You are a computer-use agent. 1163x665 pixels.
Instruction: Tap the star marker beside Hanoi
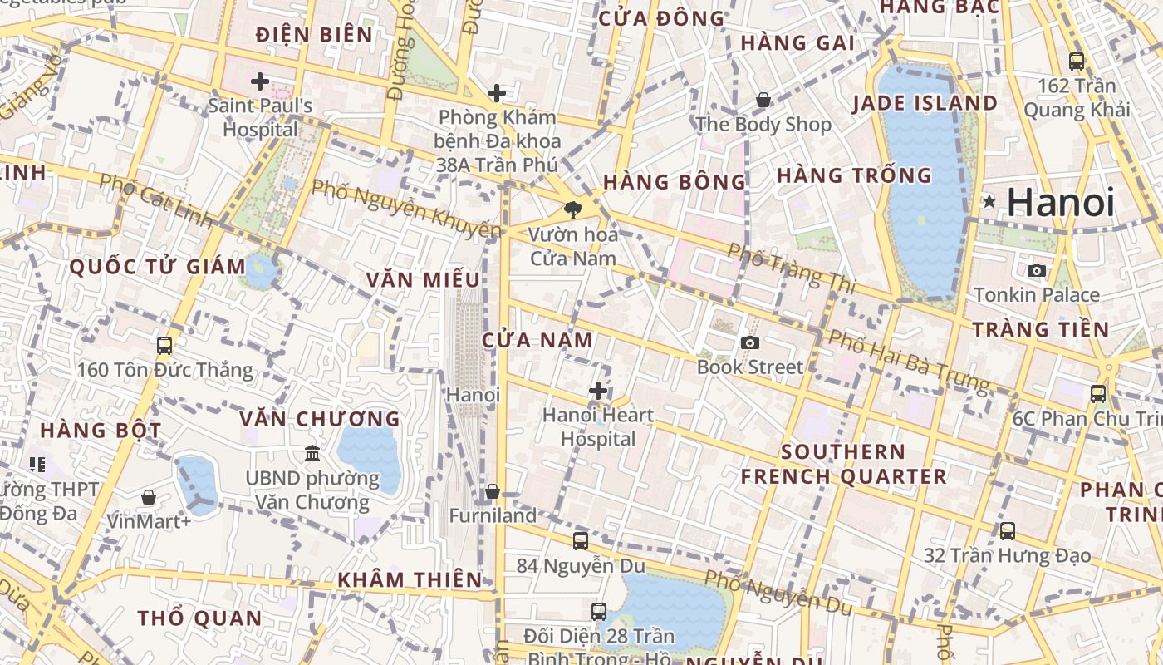[989, 201]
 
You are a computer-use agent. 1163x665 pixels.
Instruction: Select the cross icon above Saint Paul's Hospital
[260, 81]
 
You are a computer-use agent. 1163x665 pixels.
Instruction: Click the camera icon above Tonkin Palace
[1036, 270]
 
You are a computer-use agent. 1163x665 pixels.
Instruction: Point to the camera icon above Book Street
[750, 342]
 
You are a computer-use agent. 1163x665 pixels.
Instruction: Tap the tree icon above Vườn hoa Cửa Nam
[572, 209]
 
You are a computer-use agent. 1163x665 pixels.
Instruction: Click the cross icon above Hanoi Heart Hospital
[598, 390]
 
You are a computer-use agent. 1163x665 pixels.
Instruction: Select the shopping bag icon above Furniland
[493, 491]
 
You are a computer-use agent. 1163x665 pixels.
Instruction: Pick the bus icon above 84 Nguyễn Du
[581, 540]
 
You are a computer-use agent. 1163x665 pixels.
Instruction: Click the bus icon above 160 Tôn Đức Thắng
[164, 345]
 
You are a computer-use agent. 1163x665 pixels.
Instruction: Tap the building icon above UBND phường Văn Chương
[312, 453]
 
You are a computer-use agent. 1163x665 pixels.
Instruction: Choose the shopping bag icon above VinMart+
[149, 497]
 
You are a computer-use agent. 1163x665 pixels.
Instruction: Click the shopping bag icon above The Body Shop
[763, 100]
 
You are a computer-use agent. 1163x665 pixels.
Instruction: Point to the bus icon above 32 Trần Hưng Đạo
[1007, 530]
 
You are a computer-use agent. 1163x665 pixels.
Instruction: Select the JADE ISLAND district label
[925, 103]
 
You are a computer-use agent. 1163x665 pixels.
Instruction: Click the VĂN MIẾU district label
[423, 279]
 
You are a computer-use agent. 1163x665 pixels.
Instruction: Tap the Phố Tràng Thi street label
[791, 267]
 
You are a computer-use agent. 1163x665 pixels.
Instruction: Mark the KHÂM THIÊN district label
[410, 579]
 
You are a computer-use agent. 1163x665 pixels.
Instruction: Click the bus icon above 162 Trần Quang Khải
[1077, 61]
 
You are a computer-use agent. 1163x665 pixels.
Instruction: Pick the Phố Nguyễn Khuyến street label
[406, 208]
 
